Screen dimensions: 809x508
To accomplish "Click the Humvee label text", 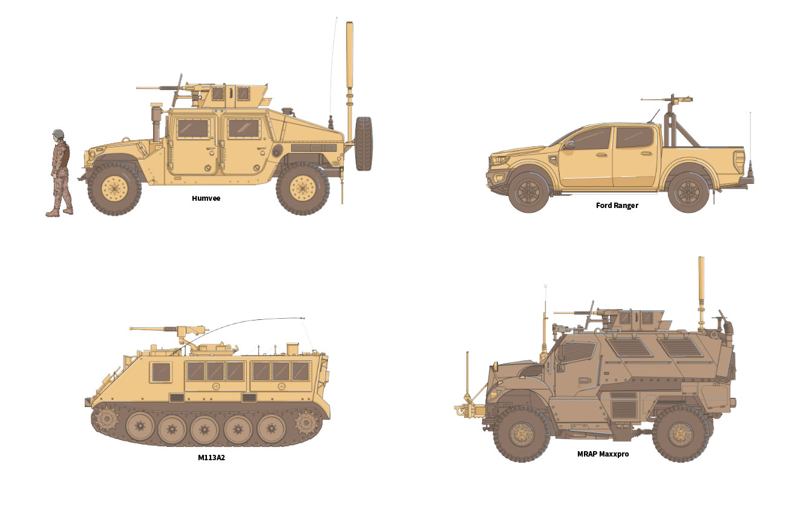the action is [x=206, y=198].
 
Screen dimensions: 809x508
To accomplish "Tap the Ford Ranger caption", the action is [x=617, y=206].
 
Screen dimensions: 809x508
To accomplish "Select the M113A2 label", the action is [x=211, y=457].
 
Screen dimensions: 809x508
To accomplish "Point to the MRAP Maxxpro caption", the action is [x=603, y=454].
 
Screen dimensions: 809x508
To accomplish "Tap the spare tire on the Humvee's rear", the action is [x=364, y=143].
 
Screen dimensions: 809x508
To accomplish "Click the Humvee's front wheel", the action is [x=114, y=189].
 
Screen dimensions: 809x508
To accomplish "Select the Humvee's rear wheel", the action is [x=303, y=188].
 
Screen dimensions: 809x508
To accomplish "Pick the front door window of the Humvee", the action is [x=193, y=128].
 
